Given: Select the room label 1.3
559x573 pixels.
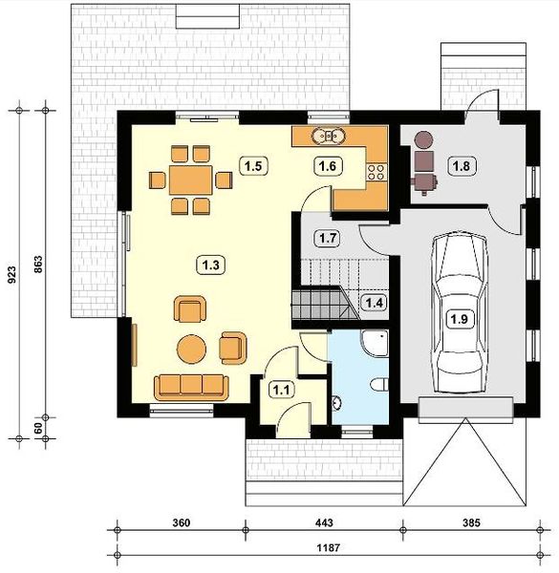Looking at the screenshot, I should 209,263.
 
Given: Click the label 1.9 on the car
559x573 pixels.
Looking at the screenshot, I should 459,319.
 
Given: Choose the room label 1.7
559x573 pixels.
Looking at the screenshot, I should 327,236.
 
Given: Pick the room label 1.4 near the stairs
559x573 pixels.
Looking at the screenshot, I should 375,303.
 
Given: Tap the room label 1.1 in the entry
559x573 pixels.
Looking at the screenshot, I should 281,389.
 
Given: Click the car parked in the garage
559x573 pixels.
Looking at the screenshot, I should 459,306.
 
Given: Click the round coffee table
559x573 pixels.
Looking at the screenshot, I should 193,348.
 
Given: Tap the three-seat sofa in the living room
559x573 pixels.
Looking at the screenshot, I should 191,385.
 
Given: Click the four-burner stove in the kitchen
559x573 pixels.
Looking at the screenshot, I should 375,172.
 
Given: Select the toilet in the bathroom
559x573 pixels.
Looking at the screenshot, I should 378,384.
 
